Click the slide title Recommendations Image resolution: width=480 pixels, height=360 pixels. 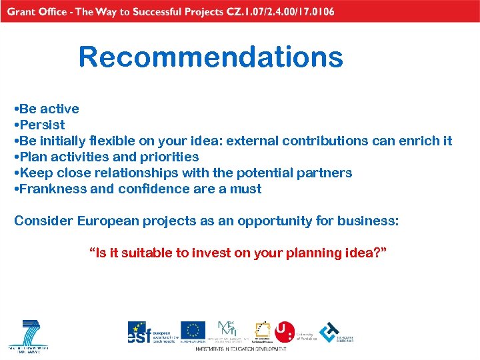pos(211,57)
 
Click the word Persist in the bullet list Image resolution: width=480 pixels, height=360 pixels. pos(42,125)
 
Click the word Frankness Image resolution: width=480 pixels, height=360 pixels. pos(53,189)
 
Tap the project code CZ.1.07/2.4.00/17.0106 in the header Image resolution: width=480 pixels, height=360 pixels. pos(279,11)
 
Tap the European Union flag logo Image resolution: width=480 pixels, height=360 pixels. pos(193,331)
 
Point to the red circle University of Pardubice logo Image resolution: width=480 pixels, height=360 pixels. pos(285,331)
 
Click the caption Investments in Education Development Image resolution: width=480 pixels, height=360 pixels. pos(240,349)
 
